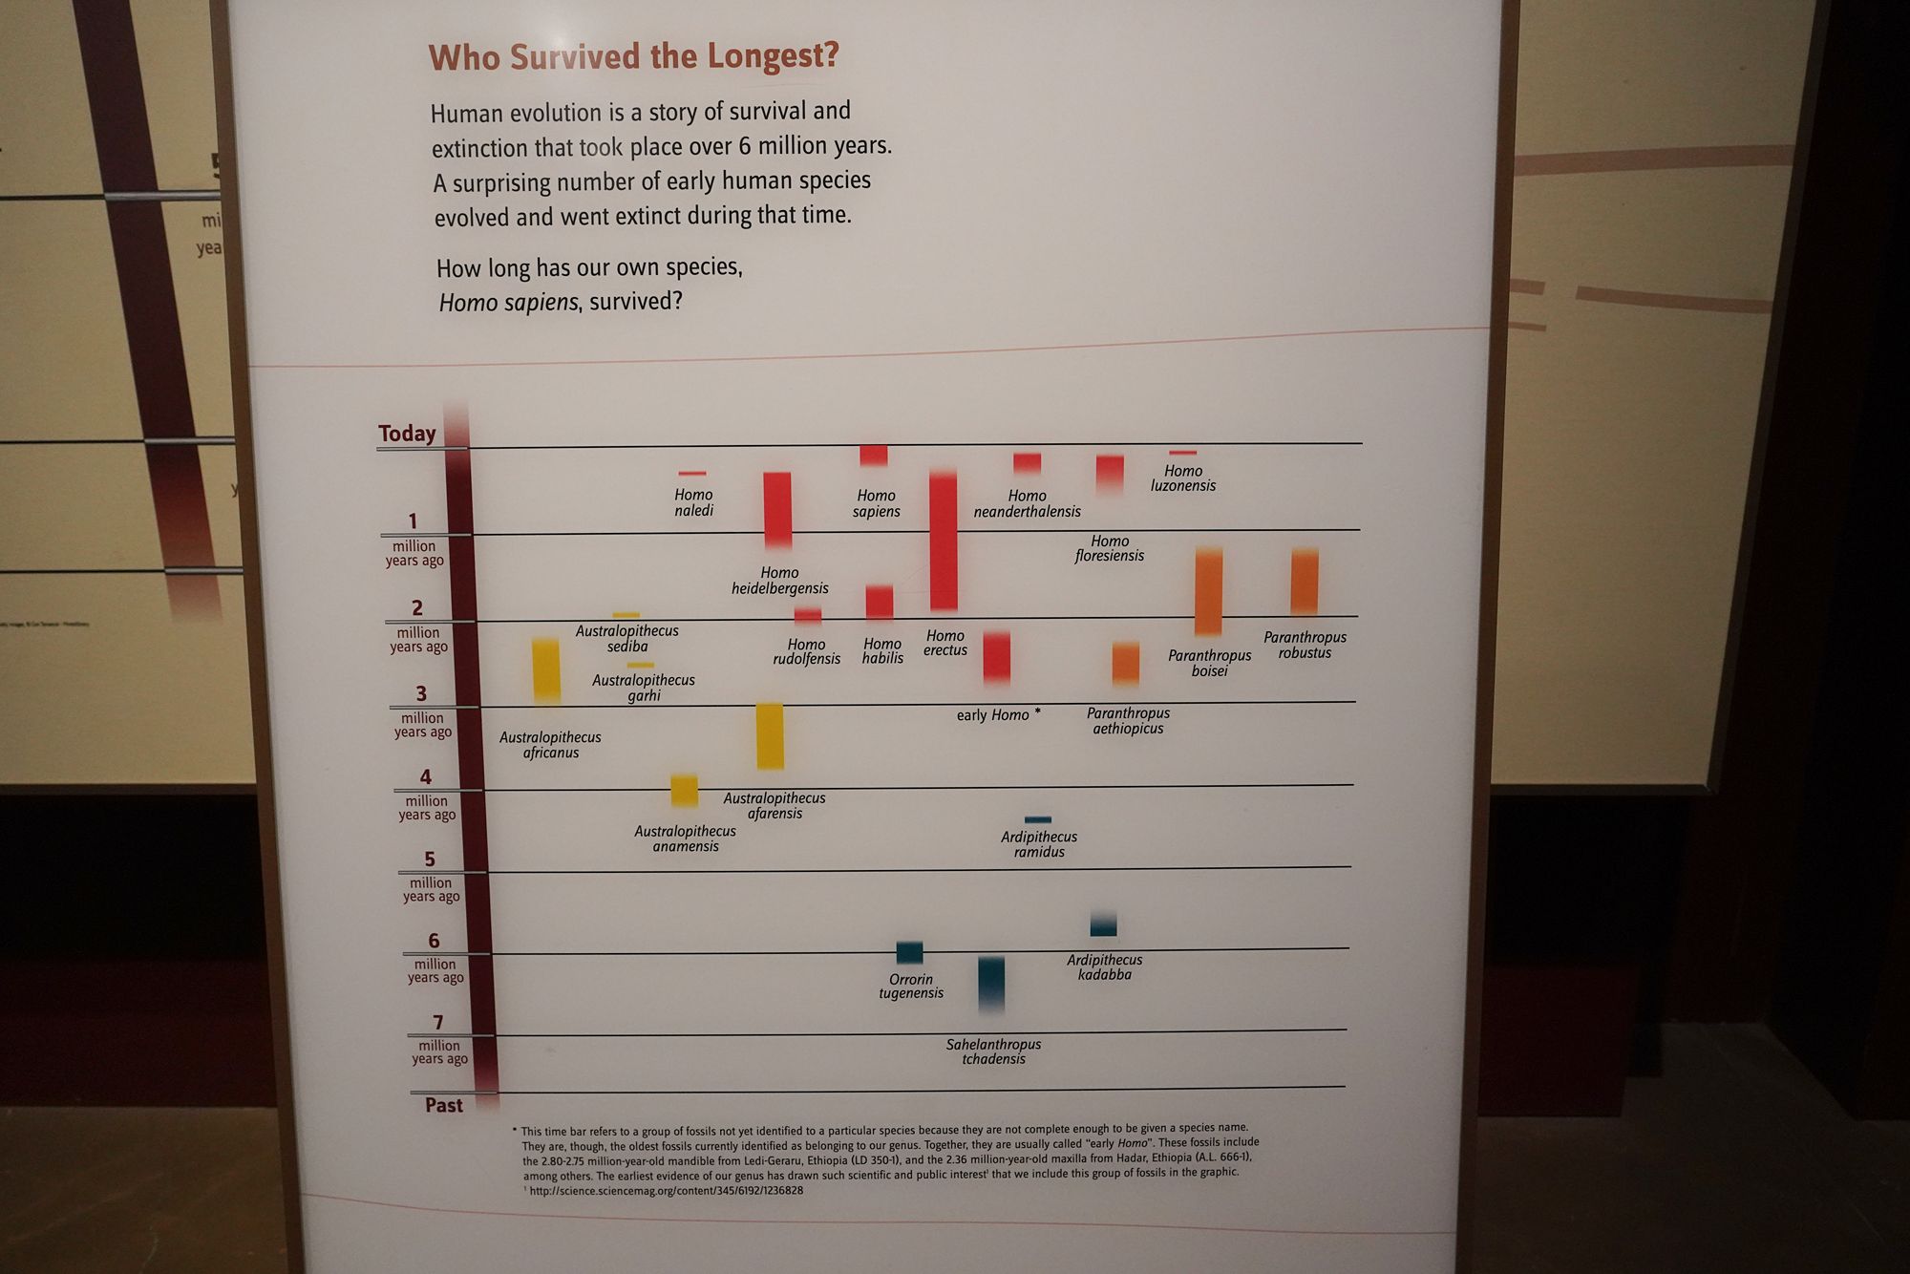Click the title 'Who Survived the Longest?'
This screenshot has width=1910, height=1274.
point(633,57)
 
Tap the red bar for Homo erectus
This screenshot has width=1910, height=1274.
point(944,541)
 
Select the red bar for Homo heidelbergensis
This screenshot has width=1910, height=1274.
point(777,510)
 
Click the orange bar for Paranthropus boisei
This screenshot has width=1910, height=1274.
point(1208,591)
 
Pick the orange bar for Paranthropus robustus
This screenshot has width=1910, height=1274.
point(1305,582)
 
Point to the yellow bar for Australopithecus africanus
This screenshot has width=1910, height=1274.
point(546,670)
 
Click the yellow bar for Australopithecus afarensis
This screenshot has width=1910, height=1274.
point(770,735)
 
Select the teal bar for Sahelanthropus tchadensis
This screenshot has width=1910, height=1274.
point(991,983)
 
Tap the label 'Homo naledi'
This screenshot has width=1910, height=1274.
point(693,502)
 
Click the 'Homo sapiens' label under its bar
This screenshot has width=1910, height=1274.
point(876,503)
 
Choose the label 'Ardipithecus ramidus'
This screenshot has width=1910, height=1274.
point(1039,844)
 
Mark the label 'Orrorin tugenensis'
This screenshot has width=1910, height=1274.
point(911,986)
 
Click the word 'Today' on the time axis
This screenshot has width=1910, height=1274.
point(407,434)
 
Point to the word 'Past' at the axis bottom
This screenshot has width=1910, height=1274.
point(443,1105)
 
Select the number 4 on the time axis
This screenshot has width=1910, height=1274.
point(425,777)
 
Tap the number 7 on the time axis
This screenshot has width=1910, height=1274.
point(437,1023)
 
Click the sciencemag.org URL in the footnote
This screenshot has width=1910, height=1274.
point(666,1191)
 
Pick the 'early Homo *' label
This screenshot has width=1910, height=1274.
point(998,715)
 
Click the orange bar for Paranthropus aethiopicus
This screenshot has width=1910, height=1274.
point(1126,663)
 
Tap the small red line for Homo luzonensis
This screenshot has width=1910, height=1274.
point(1182,453)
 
